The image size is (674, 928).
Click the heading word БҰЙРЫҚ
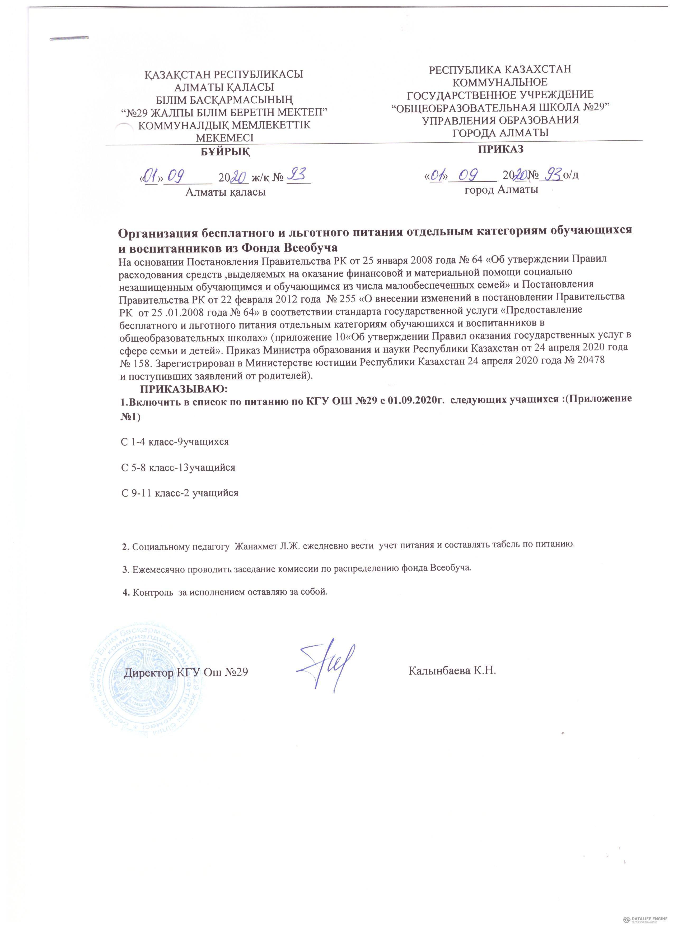click(225, 152)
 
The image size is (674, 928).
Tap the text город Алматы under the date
click(501, 190)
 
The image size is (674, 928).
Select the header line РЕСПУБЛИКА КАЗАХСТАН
click(499, 69)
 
